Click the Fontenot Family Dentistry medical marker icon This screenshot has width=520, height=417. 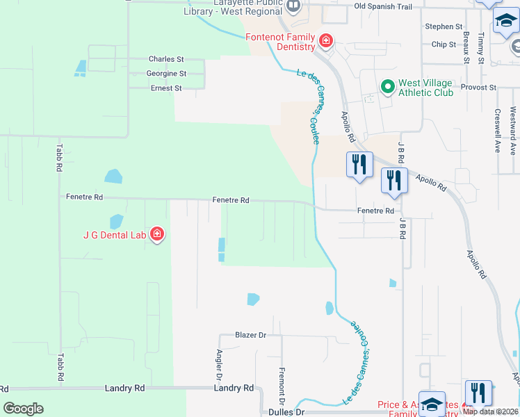pyautogui.click(x=325, y=42)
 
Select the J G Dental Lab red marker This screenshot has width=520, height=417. pyautogui.click(x=158, y=234)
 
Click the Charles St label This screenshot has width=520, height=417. pyautogui.click(x=166, y=60)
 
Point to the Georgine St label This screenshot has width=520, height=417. pyautogui.click(x=166, y=74)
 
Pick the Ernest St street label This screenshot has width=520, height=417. pyautogui.click(x=166, y=88)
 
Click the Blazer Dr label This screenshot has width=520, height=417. pyautogui.click(x=251, y=335)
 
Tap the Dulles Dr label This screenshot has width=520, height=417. pyautogui.click(x=281, y=412)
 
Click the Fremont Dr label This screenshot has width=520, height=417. pyautogui.click(x=282, y=386)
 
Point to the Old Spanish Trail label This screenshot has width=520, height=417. pyautogui.click(x=383, y=6)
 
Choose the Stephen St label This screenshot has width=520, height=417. pyautogui.click(x=444, y=26)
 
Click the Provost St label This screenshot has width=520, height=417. pyautogui.click(x=482, y=88)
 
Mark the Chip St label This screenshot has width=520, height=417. pyautogui.click(x=444, y=44)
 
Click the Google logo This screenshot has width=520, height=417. pyautogui.click(x=24, y=408)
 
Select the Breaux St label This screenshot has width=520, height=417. pyautogui.click(x=466, y=47)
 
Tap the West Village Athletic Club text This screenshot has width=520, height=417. pyautogui.click(x=425, y=88)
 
